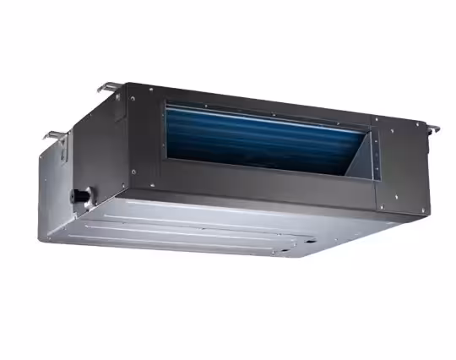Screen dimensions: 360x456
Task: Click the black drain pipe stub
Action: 78,194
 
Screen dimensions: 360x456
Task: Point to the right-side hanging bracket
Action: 432,128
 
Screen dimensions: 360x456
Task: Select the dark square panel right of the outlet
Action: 396,169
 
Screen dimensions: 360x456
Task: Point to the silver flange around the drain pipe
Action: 84,195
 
